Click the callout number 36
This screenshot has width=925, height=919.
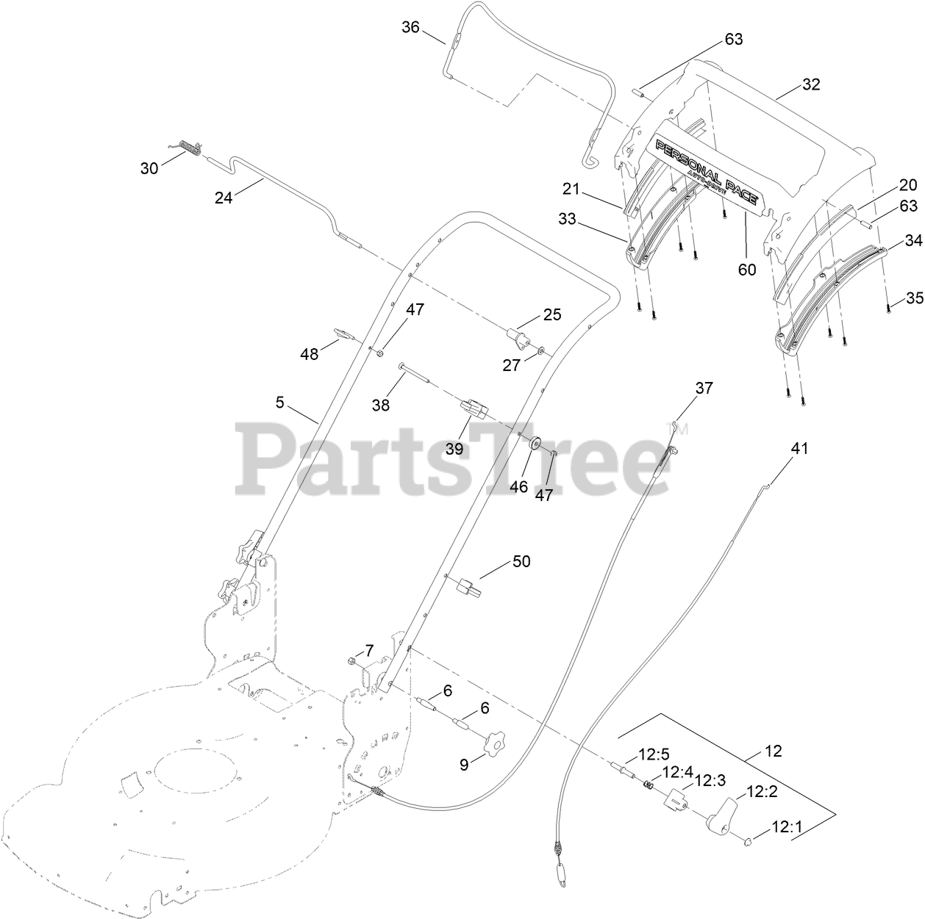pos(410,28)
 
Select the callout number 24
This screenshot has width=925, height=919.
pos(223,197)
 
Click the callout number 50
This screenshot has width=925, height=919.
pos(521,562)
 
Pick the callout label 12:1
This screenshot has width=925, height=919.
pos(787,827)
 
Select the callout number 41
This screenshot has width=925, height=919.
pos(799,448)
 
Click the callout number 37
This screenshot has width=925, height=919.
pos(704,388)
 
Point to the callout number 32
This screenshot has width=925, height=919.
pos(810,84)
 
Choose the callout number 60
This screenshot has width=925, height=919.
pos(747,270)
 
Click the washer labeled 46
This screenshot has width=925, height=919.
pos(535,443)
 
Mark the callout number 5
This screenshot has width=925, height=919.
pos(279,403)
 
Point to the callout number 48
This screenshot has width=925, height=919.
pos(310,354)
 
